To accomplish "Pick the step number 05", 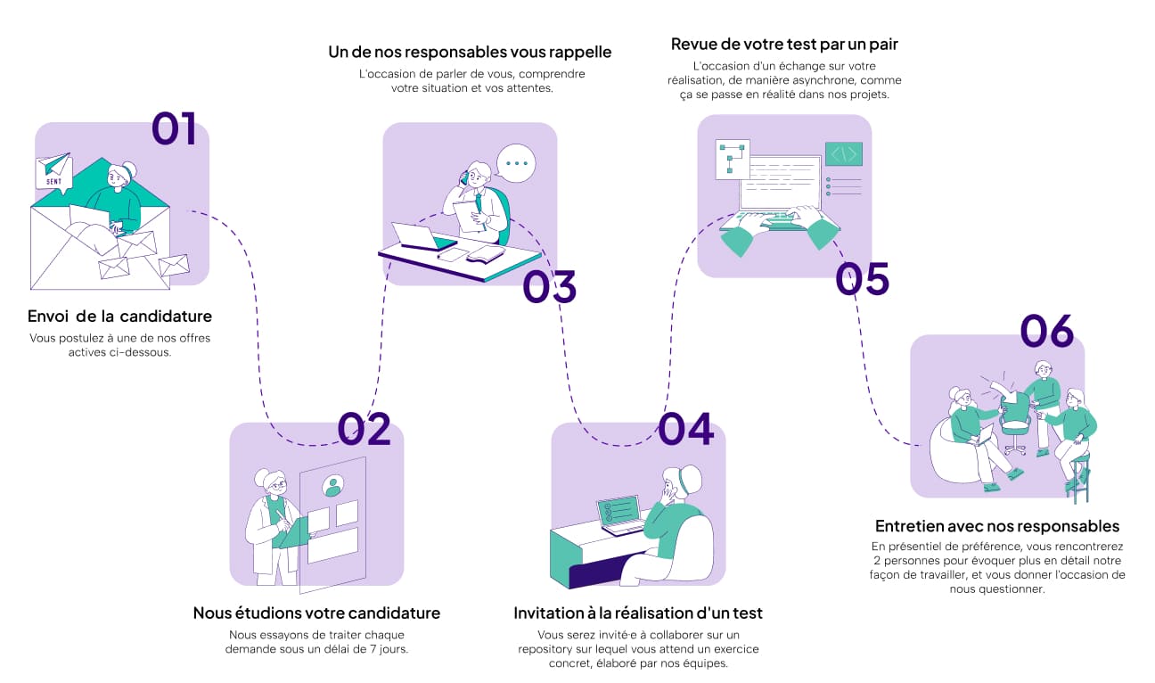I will click(x=862, y=279).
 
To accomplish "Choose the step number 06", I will click(x=1047, y=332).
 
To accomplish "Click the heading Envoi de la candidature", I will click(x=119, y=317).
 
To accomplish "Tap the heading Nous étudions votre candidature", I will click(x=316, y=613).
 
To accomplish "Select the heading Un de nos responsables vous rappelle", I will click(x=470, y=52).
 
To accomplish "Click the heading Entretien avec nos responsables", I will click(x=996, y=526).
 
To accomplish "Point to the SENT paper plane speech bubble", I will click(x=53, y=171).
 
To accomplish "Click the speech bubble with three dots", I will click(x=516, y=163).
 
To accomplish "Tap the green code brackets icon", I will click(x=843, y=154).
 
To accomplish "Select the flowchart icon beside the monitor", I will click(x=732, y=159).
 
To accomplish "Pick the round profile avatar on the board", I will click(x=333, y=486).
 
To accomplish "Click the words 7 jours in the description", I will click(x=389, y=649).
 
